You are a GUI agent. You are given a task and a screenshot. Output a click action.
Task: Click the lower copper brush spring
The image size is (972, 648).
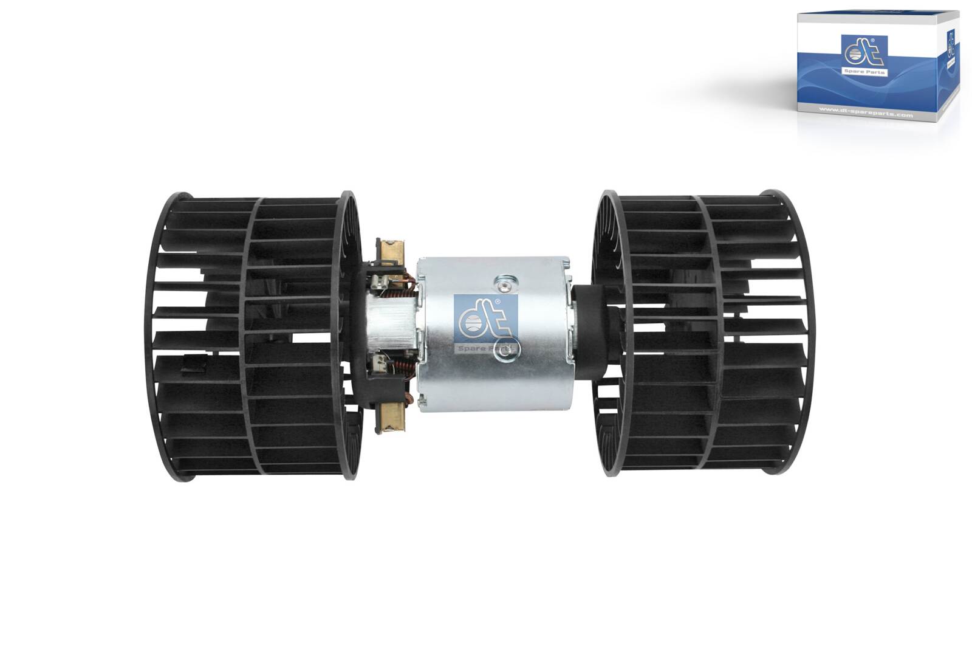point(403,368)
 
